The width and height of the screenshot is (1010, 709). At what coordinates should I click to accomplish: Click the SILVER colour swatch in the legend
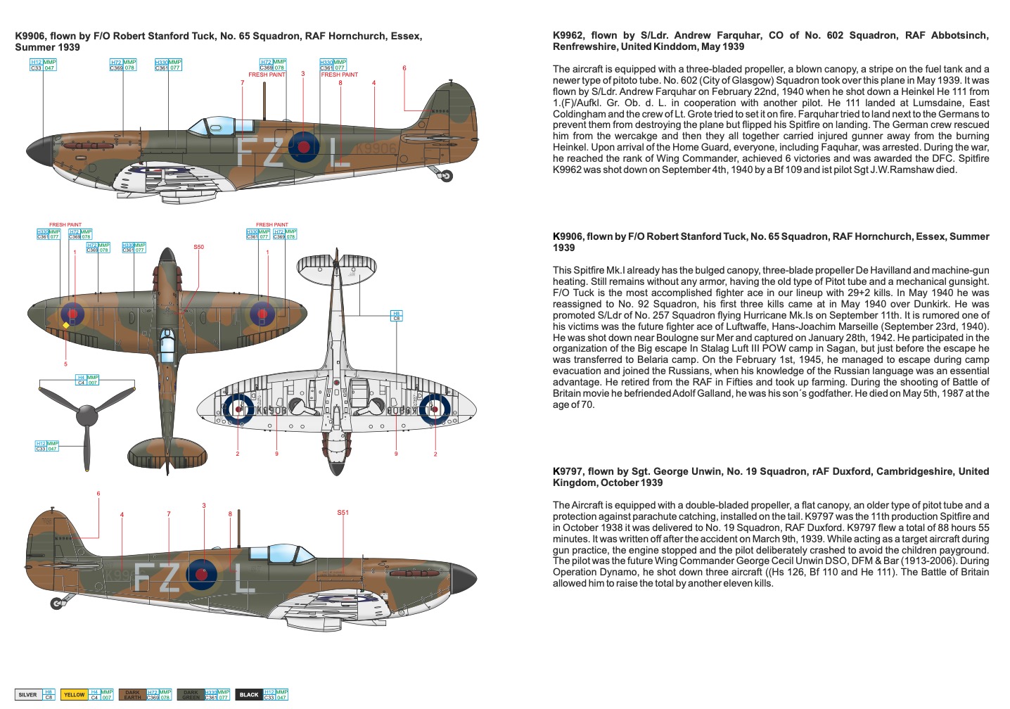[x=28, y=694]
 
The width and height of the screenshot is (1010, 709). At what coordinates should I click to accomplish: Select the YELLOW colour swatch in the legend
[x=74, y=694]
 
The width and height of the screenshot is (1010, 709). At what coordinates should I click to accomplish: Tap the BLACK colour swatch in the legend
[x=249, y=694]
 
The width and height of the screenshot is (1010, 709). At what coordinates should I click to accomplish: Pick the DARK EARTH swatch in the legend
[x=132, y=694]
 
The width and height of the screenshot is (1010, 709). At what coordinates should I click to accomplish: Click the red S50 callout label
[x=198, y=247]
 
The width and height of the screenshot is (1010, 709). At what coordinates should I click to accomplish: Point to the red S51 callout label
[x=343, y=512]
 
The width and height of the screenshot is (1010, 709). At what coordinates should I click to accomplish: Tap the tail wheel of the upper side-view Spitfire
[x=446, y=176]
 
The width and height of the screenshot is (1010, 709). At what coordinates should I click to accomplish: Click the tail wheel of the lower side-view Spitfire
[x=57, y=603]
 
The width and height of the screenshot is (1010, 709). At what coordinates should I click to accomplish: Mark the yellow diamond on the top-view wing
[x=66, y=325]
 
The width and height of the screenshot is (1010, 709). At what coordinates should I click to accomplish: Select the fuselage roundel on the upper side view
[x=304, y=147]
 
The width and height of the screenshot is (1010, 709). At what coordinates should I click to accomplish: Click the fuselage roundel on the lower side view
[x=202, y=574]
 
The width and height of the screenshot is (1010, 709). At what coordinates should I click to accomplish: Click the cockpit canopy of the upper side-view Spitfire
[x=211, y=127]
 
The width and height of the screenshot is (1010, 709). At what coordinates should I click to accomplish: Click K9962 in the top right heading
[x=568, y=35]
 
